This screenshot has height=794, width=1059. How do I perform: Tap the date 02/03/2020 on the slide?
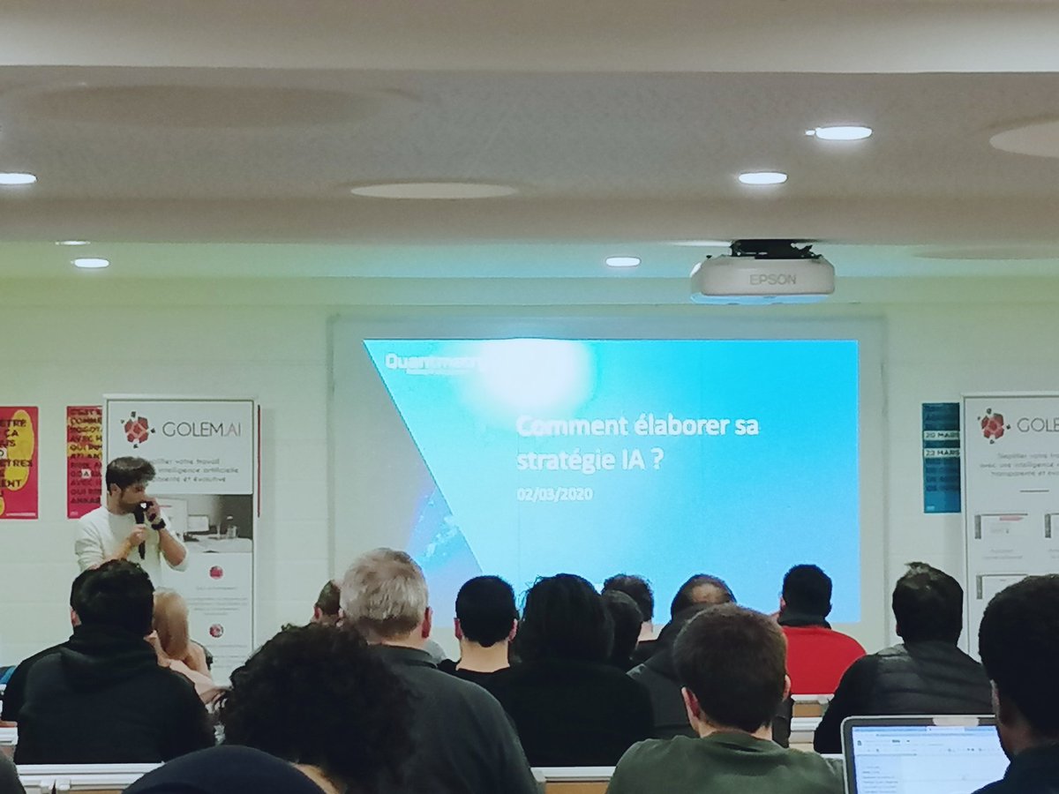tap(555, 494)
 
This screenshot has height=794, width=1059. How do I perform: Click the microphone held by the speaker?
tap(139, 521)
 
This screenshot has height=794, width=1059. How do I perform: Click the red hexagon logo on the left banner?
tap(138, 429)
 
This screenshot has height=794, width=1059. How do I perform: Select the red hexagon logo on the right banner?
tap(994, 425)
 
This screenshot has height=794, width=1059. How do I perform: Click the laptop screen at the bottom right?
tap(922, 757)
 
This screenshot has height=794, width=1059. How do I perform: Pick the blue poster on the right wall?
tap(940, 457)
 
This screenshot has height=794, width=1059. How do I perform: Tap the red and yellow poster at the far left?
tap(18, 461)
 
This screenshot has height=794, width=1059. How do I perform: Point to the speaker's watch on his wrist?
tap(158, 523)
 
